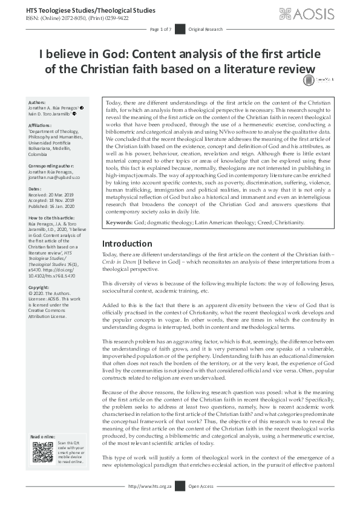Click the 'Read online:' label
[x=44, y=436]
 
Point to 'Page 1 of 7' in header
[x=161, y=29]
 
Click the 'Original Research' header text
[x=205, y=29]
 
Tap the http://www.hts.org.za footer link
[x=150, y=502]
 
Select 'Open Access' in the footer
[x=201, y=502]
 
